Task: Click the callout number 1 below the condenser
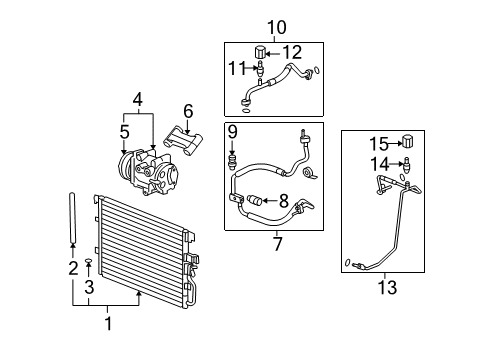(110, 324)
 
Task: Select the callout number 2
(72, 267)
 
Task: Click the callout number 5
(124, 130)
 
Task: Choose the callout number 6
(186, 110)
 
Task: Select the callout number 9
(231, 131)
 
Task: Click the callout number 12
(292, 52)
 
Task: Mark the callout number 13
(387, 288)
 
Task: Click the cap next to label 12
(260, 51)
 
